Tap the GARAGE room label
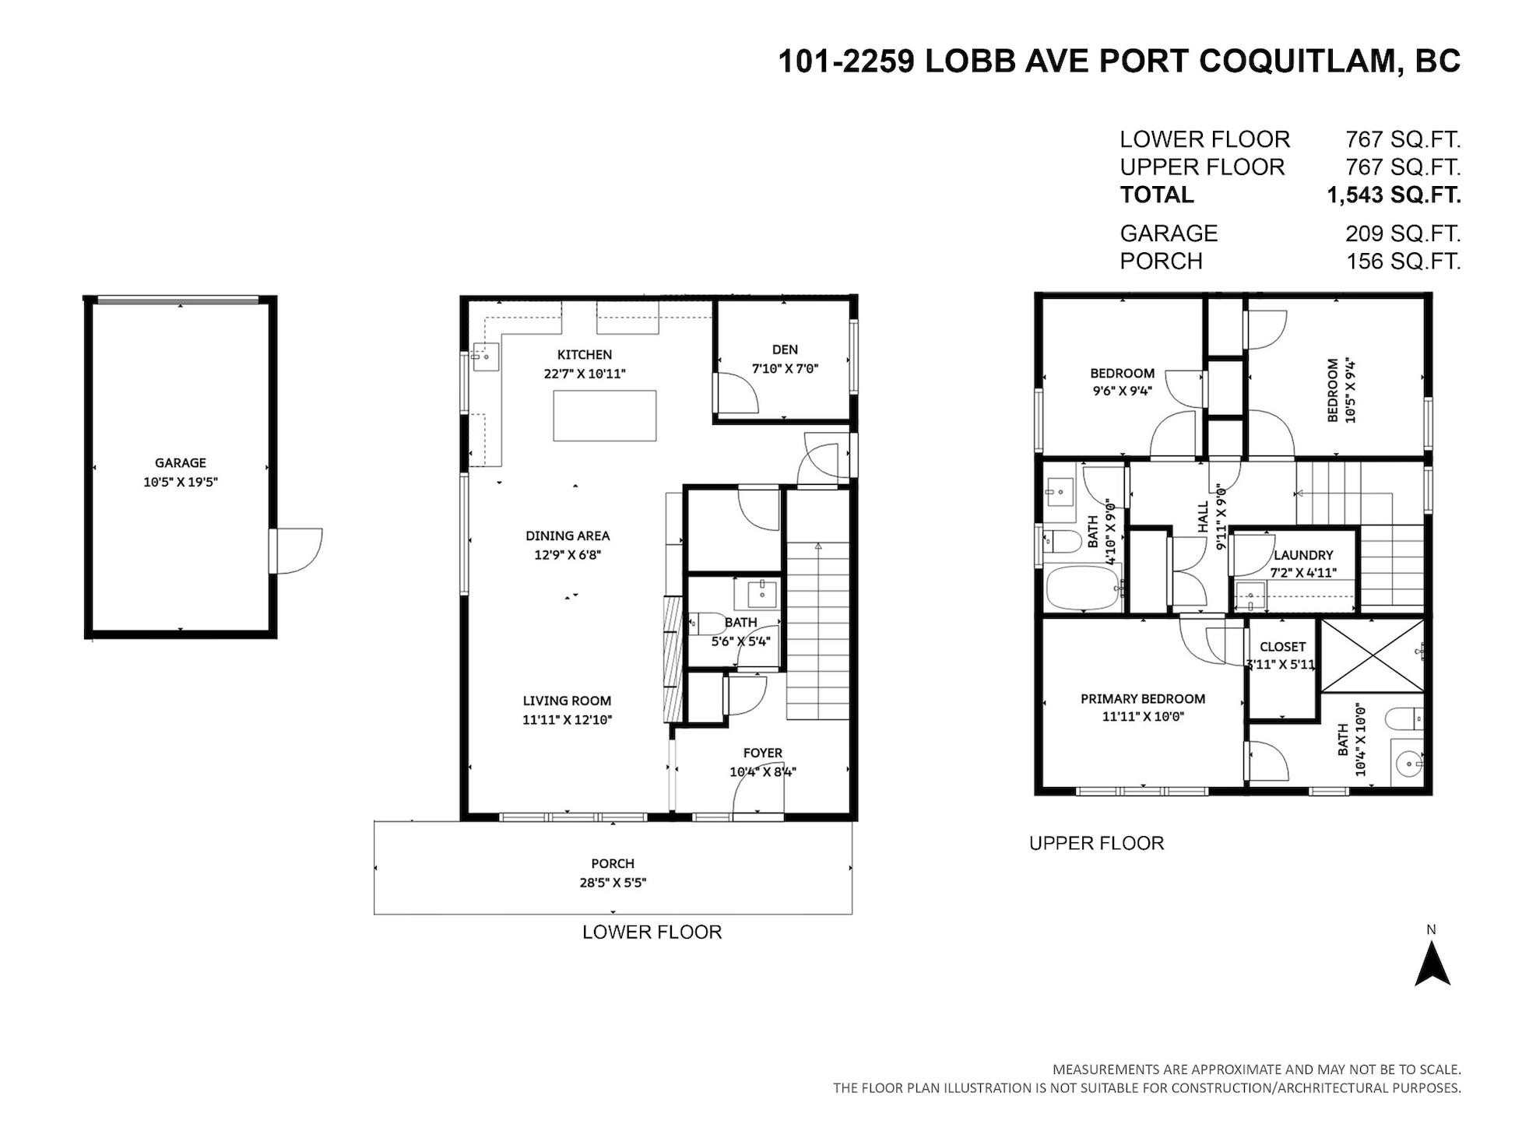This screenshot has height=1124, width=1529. (181, 462)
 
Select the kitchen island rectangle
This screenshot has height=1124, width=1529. (604, 416)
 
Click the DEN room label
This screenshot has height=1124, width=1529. (785, 349)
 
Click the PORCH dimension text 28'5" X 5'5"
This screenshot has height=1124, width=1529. (613, 883)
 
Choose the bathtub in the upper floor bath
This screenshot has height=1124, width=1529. (1082, 588)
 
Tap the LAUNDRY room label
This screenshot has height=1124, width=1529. (1303, 555)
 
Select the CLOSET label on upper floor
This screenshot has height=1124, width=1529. (1282, 647)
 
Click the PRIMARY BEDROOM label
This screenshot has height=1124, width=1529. (1143, 699)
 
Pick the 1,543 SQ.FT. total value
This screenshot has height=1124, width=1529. (1394, 195)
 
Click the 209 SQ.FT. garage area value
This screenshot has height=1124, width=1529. (1403, 234)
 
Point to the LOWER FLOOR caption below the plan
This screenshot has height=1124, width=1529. (652, 932)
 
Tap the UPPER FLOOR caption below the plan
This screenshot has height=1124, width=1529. (1096, 843)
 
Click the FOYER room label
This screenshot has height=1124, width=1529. (762, 753)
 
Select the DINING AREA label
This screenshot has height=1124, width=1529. (568, 536)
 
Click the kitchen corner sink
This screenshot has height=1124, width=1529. (486, 357)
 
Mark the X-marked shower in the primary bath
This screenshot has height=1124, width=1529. (1373, 655)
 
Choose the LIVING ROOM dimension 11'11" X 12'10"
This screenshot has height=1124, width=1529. (568, 720)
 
